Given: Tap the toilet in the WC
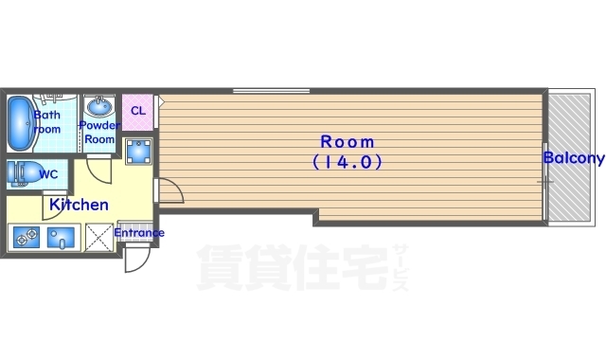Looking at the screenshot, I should point(23,173).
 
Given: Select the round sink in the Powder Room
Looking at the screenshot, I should point(98,105).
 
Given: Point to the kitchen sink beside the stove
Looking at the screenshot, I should point(62,237).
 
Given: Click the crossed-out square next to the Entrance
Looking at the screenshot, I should point(98,236).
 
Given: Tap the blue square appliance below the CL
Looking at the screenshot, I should point(138,151).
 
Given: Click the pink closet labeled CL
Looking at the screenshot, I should point(138,110).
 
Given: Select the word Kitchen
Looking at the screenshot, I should point(79,204).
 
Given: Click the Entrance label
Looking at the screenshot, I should point(139,233).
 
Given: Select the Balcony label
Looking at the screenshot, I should point(573,157).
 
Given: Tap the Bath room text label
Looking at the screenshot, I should point(47,122).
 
